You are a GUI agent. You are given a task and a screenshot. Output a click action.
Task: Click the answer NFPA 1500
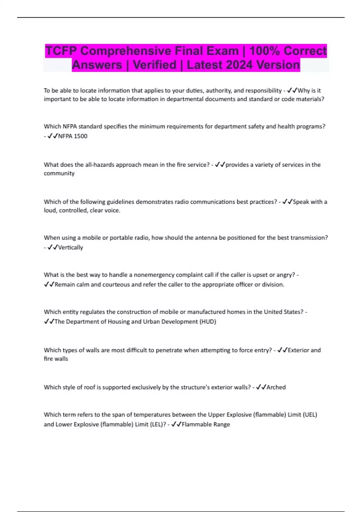coord(73,136)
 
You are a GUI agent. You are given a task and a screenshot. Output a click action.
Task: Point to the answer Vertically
coord(71,248)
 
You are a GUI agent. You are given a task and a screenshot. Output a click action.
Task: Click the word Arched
coord(276,387)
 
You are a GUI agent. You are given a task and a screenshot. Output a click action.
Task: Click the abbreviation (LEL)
coord(157,424)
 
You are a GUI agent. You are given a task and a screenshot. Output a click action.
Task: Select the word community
coord(59,173)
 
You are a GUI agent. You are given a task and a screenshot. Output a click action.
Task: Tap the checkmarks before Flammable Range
coord(176,424)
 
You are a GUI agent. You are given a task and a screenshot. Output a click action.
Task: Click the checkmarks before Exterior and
coord(282,350)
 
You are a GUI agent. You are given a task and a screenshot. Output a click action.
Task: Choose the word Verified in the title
coord(154,65)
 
